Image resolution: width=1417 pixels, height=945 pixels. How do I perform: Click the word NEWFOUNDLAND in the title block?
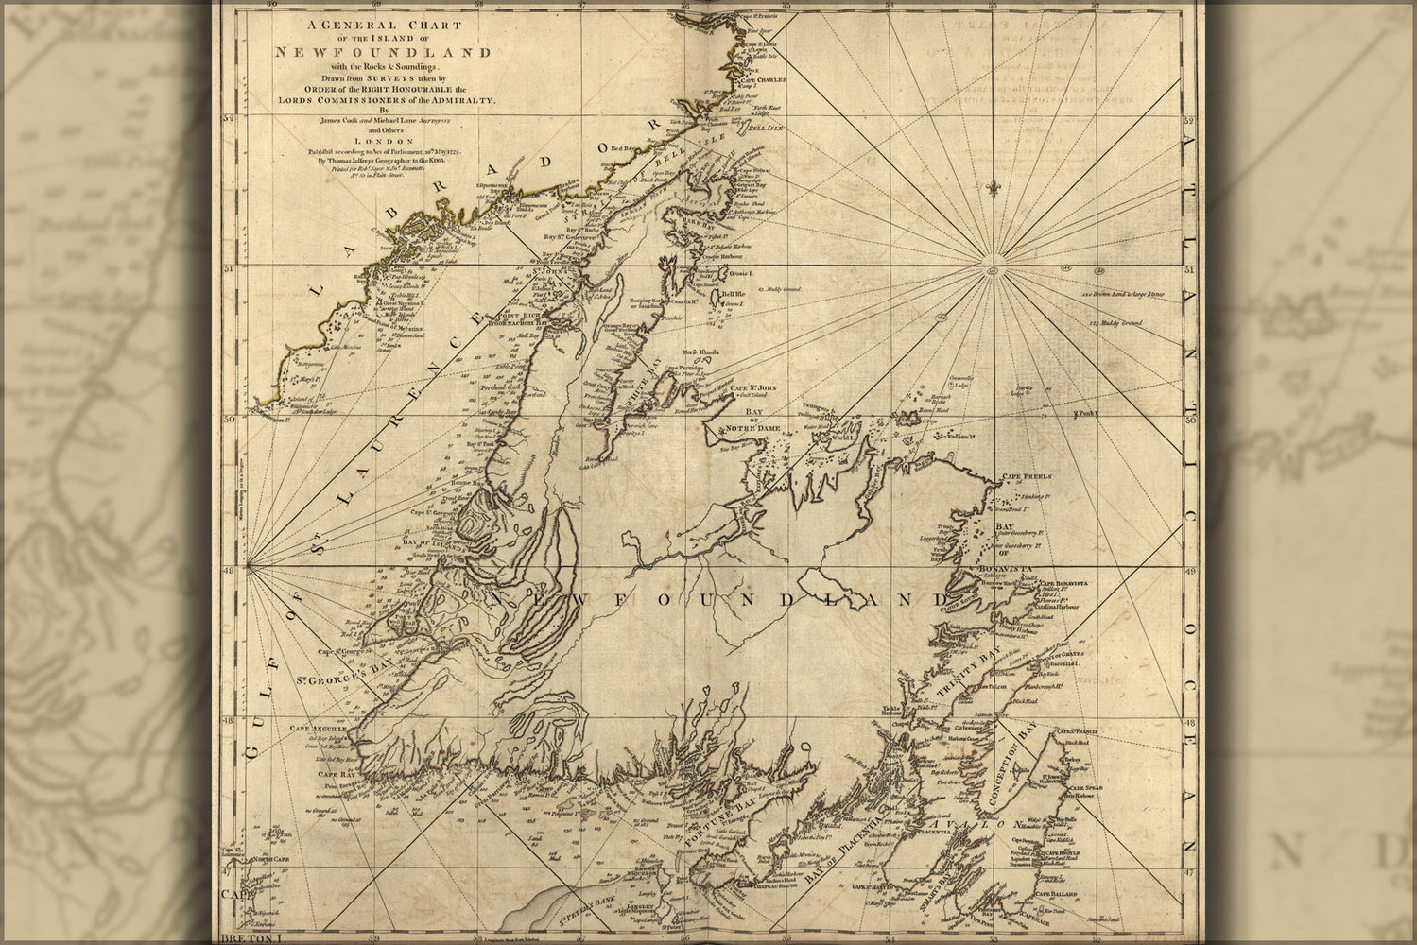pos(383,51)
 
